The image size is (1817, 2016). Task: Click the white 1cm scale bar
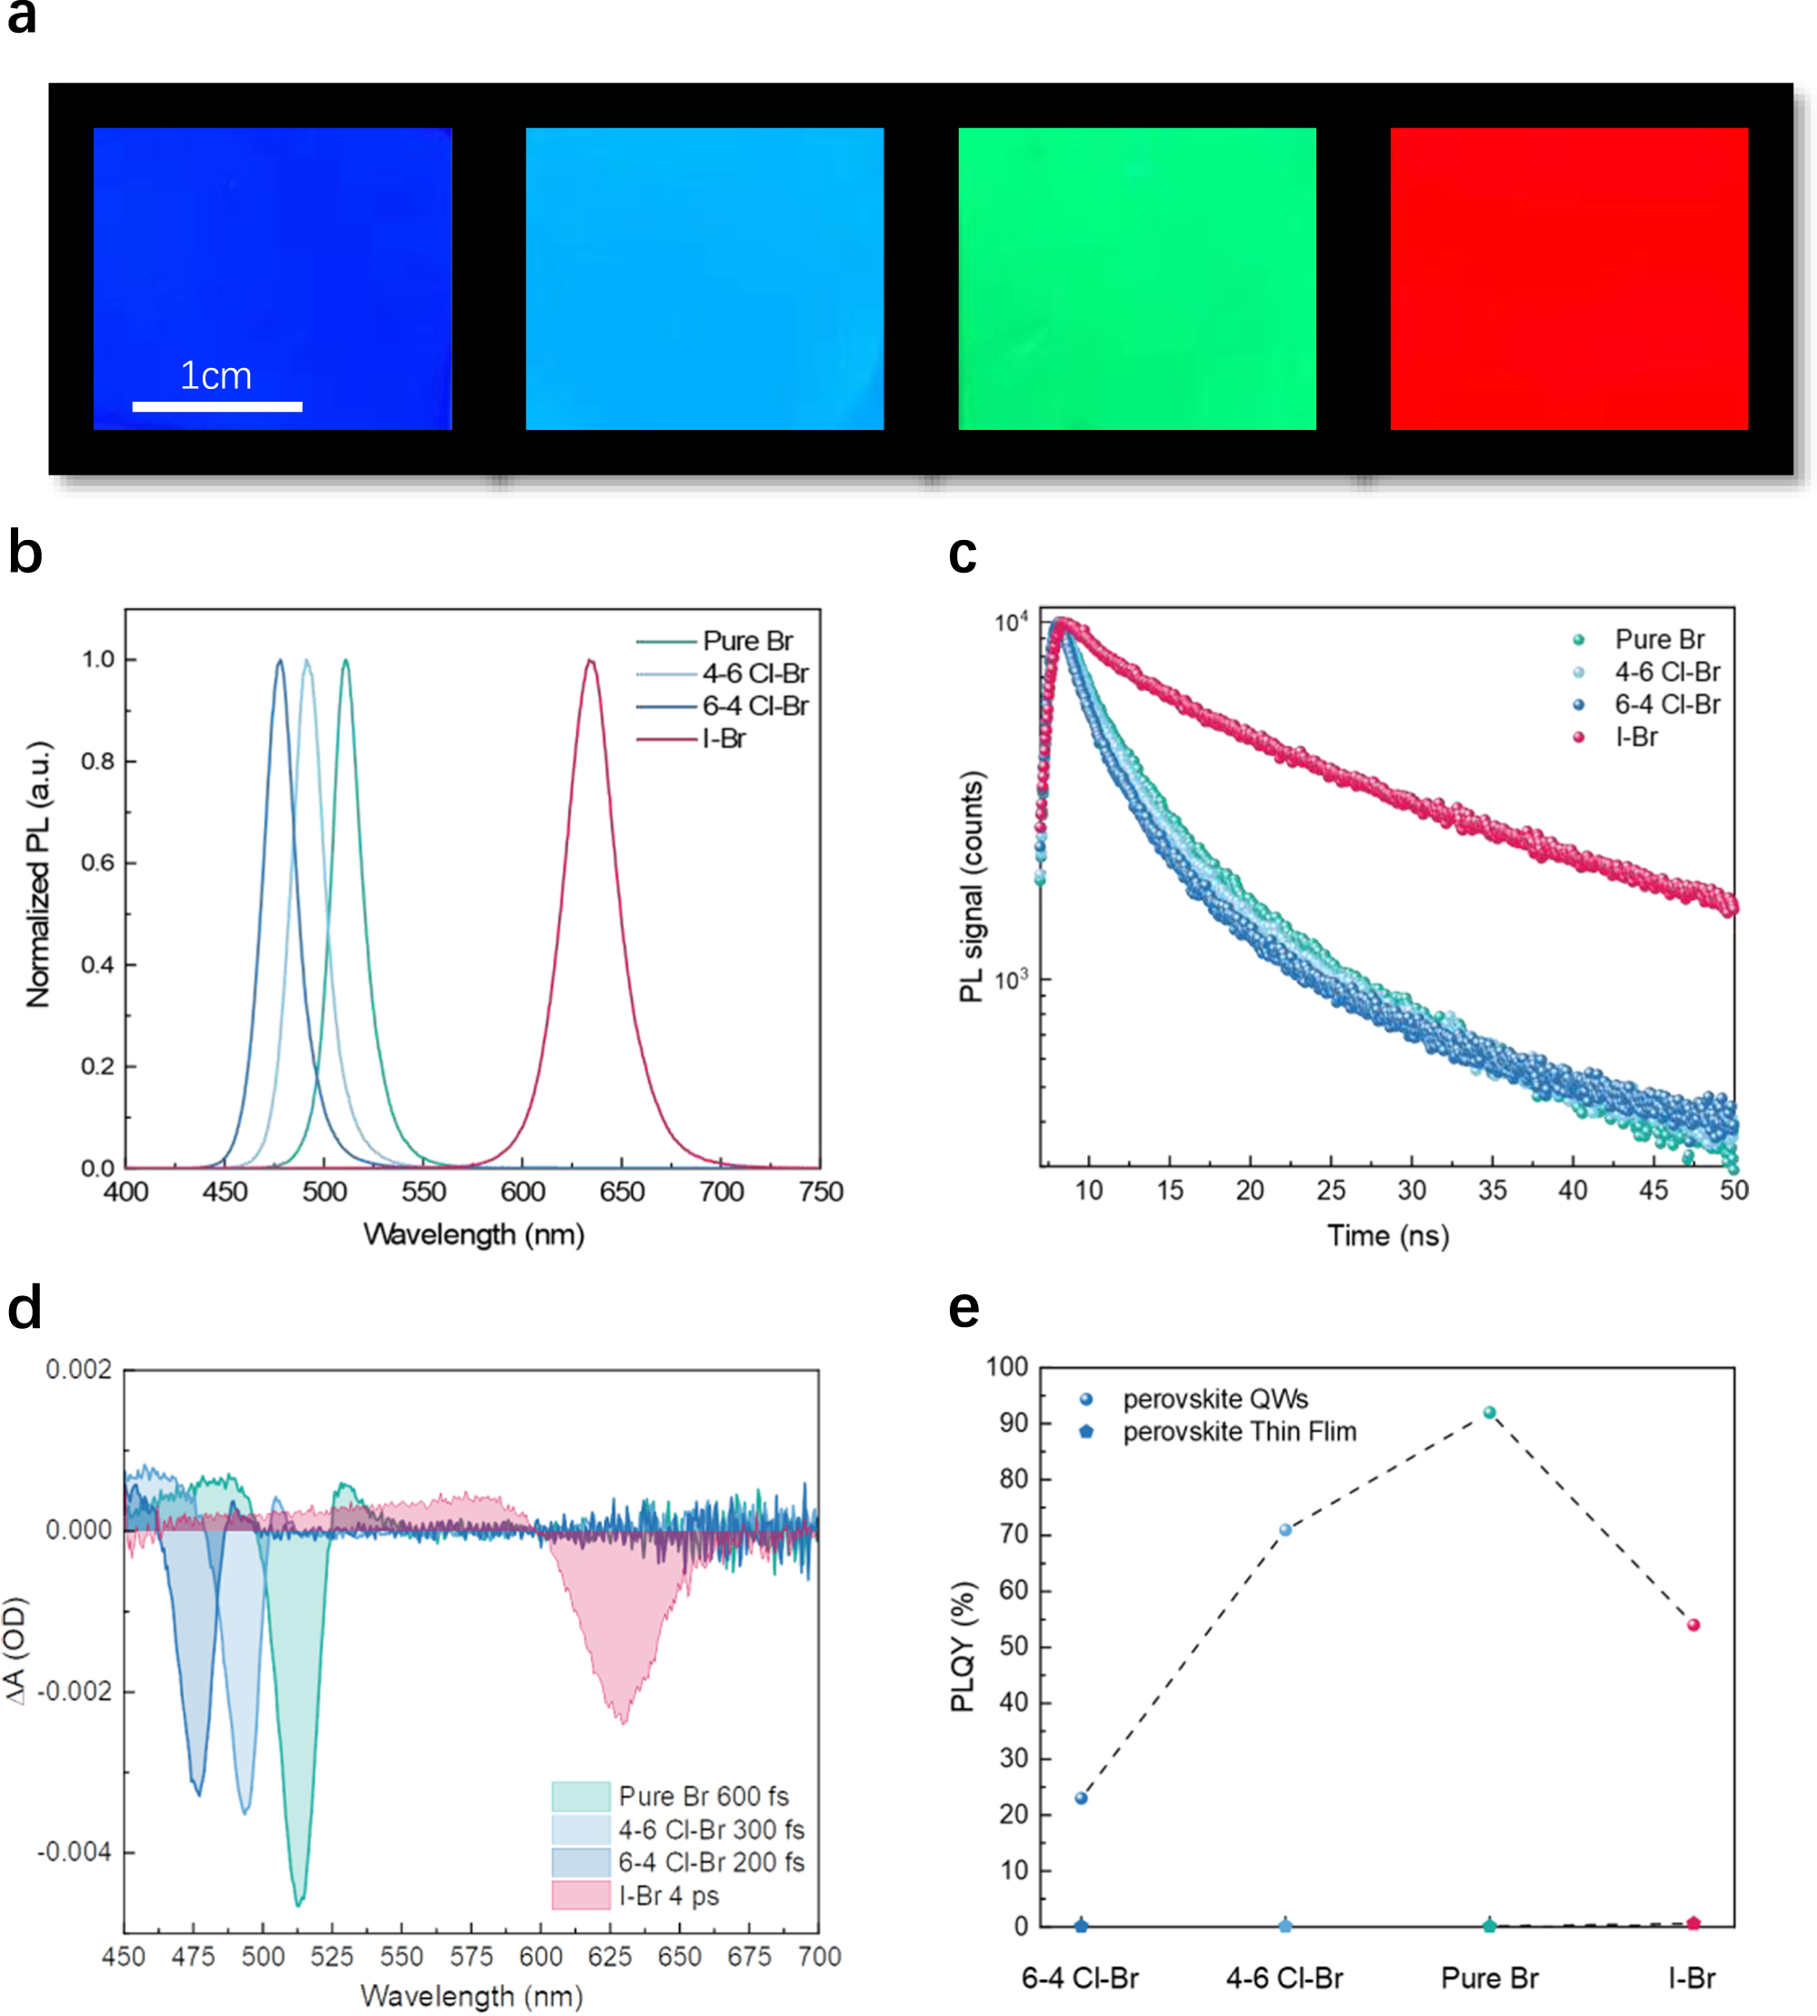216,406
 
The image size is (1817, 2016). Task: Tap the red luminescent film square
1569,278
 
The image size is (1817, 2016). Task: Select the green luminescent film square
1136,278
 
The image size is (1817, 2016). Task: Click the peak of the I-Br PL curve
590,660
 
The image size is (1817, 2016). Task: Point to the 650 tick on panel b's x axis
622,1192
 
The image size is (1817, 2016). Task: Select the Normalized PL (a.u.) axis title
38,874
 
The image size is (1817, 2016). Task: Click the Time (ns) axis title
1387,1235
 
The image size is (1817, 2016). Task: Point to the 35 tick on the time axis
1492,1189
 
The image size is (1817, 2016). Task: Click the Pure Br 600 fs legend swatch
580,1795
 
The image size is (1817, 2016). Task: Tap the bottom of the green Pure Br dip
297,1903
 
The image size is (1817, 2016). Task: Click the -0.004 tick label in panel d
74,1851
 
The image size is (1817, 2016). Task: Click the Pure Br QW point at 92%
1489,1412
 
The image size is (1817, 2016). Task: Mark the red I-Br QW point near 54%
1693,1624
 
